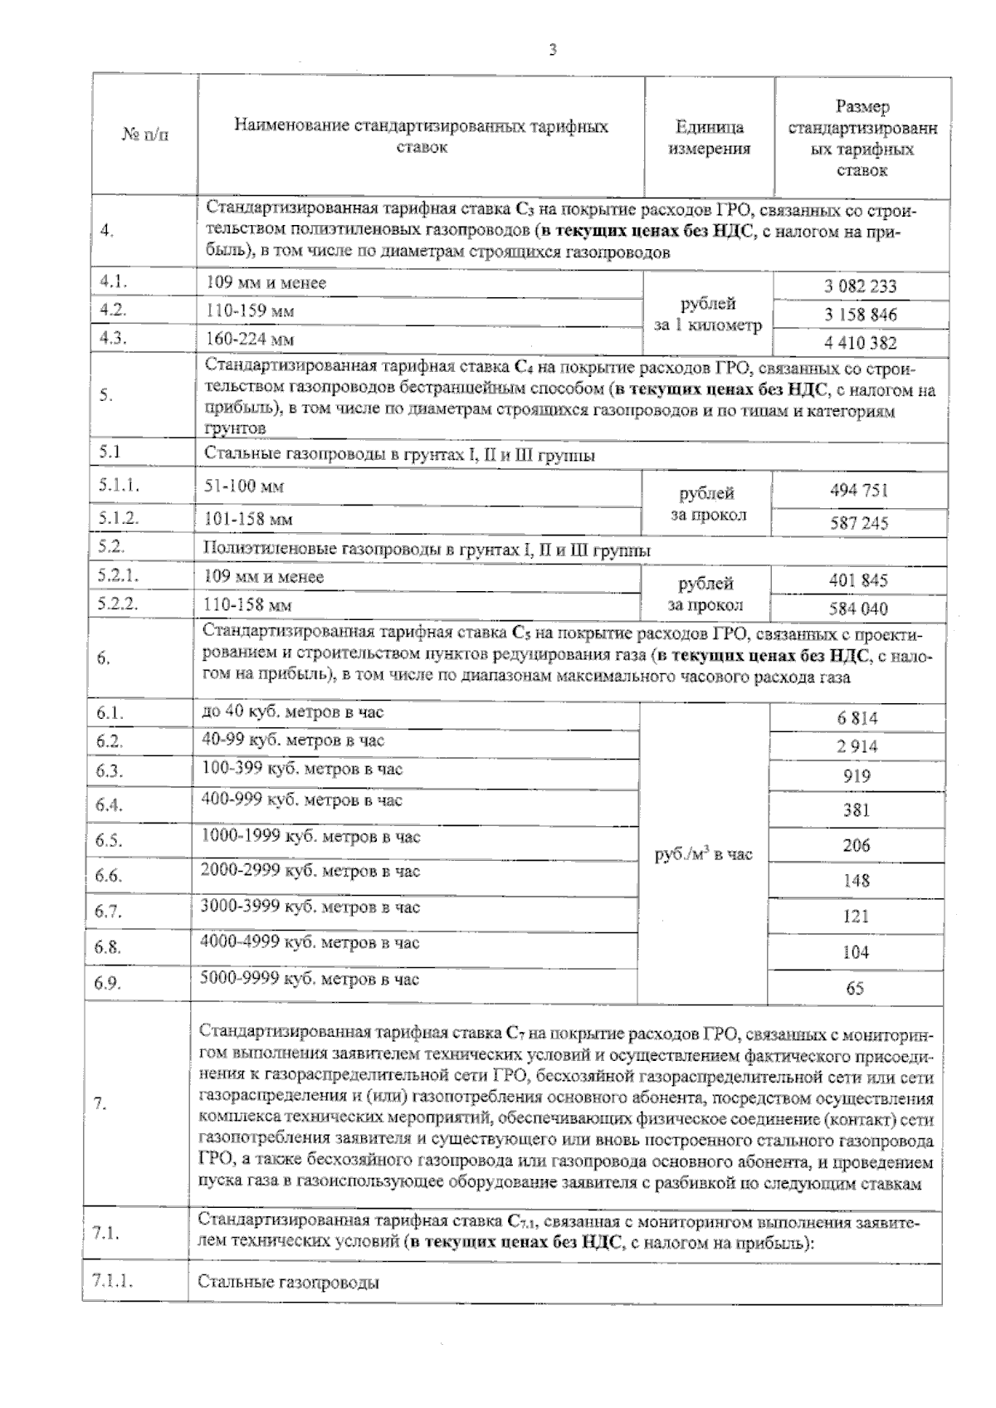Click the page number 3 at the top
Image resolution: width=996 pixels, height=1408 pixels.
click(553, 50)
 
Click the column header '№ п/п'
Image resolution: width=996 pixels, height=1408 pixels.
click(145, 135)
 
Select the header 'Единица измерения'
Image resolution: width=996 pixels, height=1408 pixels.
click(709, 138)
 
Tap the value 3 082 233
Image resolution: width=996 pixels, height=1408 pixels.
click(860, 286)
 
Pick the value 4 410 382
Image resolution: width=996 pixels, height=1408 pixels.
click(860, 343)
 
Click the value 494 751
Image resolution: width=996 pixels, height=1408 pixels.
click(859, 490)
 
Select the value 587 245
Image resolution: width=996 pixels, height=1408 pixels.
click(859, 523)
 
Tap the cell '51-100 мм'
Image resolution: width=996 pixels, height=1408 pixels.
click(243, 486)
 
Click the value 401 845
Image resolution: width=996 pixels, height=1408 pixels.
click(858, 579)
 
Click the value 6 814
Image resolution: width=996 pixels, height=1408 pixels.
click(857, 719)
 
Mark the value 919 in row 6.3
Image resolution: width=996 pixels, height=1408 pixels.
click(856, 776)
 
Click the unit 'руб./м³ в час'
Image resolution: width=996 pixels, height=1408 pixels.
click(704, 854)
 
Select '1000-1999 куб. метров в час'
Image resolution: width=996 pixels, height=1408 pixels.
click(310, 837)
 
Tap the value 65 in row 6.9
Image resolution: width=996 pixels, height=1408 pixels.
click(854, 988)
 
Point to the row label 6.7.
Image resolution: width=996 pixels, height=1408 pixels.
click(108, 911)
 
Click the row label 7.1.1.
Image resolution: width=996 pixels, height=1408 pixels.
click(114, 1281)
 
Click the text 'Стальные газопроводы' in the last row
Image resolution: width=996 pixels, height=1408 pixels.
click(288, 1283)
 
